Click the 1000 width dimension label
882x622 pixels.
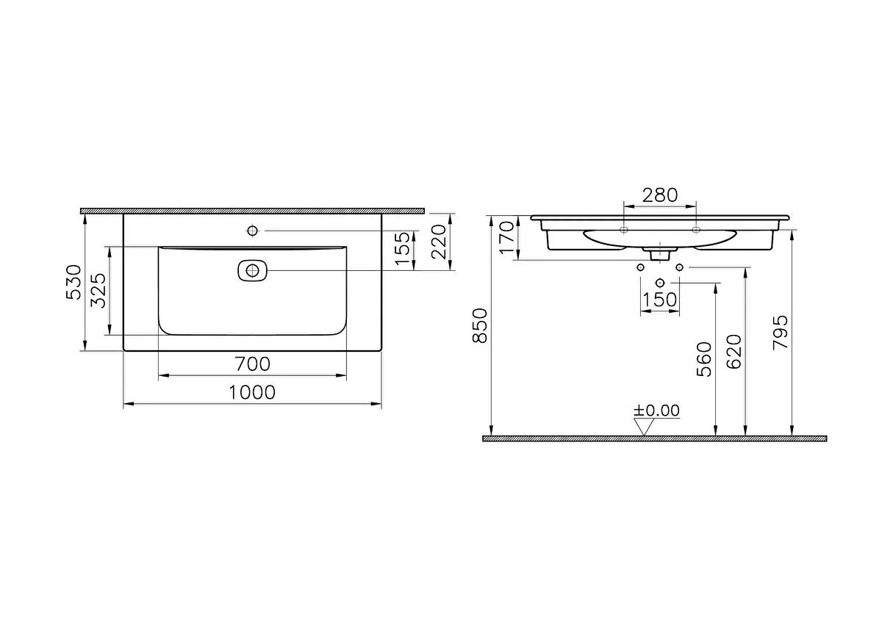click(x=252, y=392)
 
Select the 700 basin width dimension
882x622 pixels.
click(x=252, y=364)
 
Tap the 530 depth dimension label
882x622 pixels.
click(x=74, y=282)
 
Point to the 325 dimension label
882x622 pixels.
click(x=98, y=290)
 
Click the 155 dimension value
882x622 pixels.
click(x=403, y=249)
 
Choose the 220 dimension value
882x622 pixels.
click(x=439, y=242)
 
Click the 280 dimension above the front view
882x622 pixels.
click(x=660, y=195)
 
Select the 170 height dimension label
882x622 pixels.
click(x=507, y=237)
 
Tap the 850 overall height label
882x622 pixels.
click(x=480, y=326)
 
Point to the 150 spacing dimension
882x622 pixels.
click(x=659, y=300)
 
